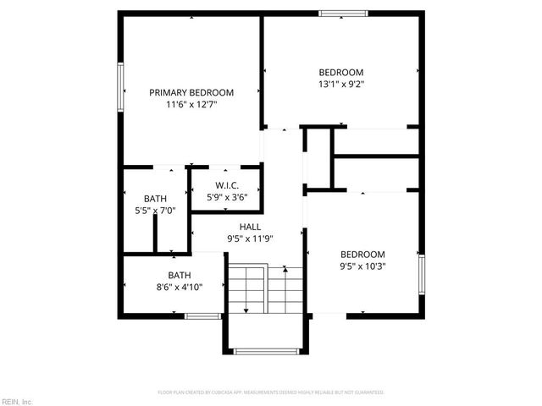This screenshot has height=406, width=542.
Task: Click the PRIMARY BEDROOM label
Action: tap(191, 92)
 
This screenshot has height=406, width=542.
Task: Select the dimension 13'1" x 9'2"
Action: tap(340, 84)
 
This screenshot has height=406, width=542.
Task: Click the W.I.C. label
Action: tap(226, 185)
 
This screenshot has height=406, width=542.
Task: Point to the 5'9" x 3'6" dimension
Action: tap(226, 197)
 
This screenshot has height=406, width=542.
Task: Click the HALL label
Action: tap(250, 227)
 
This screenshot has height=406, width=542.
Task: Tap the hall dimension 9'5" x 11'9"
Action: tap(250, 239)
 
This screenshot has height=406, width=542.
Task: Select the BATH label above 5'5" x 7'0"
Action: tap(155, 198)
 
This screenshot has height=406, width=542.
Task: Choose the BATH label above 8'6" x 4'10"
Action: tap(179, 275)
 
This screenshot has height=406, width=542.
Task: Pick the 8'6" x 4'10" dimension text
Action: tap(179, 288)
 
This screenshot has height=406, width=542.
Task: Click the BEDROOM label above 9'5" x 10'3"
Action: tap(362, 255)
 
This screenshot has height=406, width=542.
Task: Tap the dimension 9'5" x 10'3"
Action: tap(362, 267)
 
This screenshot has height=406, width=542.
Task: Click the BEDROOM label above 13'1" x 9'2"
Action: tap(340, 72)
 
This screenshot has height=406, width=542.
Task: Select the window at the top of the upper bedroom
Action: tap(344, 14)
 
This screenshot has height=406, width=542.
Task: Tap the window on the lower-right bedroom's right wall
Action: tap(420, 275)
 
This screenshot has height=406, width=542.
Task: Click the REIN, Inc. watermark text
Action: tap(17, 400)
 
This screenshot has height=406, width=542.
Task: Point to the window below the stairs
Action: tap(264, 351)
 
